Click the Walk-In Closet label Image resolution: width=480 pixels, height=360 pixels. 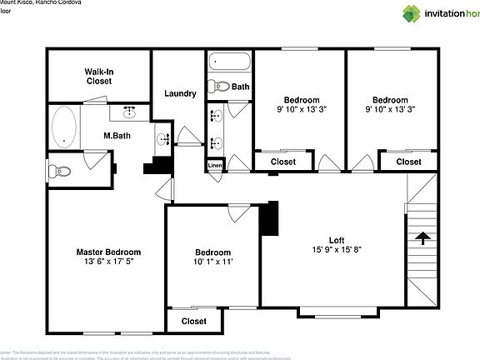click(98, 77)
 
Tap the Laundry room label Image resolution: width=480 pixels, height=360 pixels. click(180, 93)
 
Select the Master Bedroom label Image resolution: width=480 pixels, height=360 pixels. click(108, 252)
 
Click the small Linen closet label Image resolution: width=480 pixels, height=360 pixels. click(215, 166)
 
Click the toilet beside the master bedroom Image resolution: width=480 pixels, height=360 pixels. click(61, 172)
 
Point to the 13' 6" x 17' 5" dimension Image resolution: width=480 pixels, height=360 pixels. click(108, 262)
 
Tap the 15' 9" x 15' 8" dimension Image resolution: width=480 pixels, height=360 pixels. click(337, 248)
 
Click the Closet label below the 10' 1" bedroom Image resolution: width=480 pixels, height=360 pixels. click(193, 321)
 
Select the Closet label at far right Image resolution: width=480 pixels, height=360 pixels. click(407, 162)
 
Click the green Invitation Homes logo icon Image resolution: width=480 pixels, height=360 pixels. click(412, 13)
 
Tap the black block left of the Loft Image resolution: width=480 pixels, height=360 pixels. click(268, 219)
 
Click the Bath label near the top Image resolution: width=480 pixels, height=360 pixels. click(240, 87)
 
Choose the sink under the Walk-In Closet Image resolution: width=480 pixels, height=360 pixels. click(130, 111)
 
